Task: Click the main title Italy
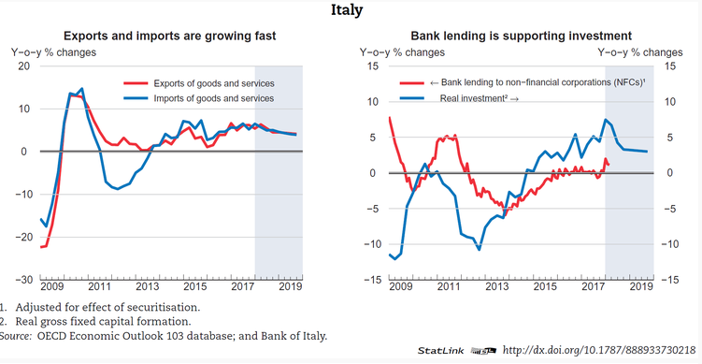(x=347, y=10)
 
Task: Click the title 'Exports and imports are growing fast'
(x=170, y=36)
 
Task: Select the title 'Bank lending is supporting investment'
(x=522, y=36)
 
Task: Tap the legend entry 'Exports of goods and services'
(x=214, y=84)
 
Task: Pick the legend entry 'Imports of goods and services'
(x=213, y=98)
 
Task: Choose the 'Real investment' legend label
(x=479, y=98)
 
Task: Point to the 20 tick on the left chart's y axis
(x=22, y=66)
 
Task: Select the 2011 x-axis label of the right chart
(x=449, y=287)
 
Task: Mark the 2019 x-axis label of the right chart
(x=641, y=287)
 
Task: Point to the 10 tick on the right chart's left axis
(x=373, y=102)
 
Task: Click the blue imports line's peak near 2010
(x=82, y=89)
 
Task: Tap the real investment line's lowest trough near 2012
(x=479, y=249)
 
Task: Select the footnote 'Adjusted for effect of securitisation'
(x=107, y=308)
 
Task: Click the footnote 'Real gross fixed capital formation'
(x=103, y=321)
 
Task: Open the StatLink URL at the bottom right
(x=599, y=350)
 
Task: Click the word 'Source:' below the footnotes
(x=15, y=336)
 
